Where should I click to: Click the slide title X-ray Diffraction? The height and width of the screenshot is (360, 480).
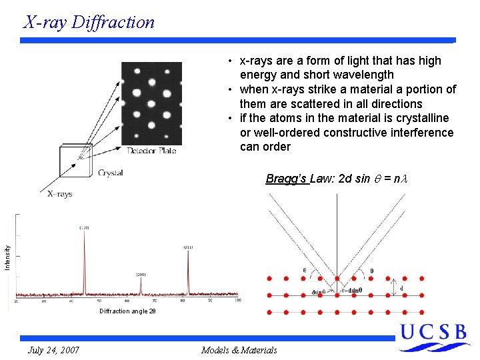[89, 22]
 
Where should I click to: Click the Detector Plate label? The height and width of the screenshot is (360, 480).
[151, 151]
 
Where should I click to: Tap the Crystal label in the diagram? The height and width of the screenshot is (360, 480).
[110, 173]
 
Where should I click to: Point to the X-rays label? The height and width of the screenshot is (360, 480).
[59, 193]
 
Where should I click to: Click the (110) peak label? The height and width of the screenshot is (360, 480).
[84, 228]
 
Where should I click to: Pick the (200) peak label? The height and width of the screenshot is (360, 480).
[141, 275]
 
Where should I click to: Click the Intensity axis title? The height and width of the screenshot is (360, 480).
[7, 257]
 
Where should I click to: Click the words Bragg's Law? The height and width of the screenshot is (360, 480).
[287, 179]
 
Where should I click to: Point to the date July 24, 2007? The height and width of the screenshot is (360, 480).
[54, 350]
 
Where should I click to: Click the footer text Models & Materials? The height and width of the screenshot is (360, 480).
[239, 350]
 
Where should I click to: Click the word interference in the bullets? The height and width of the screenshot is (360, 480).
[423, 133]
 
